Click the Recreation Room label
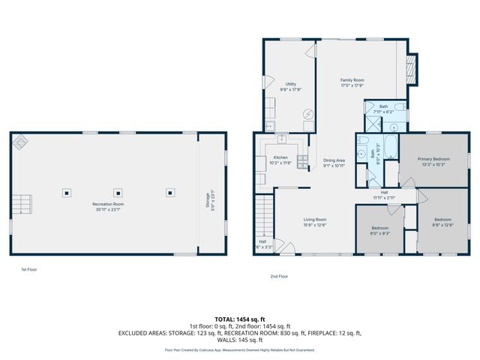click(108, 204)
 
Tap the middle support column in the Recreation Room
click(118, 192)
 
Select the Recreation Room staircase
click(22, 203)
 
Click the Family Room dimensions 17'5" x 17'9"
click(352, 85)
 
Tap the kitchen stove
click(302, 160)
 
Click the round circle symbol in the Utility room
click(307, 115)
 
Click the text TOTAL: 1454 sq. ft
click(239, 319)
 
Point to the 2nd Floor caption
click(279, 276)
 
